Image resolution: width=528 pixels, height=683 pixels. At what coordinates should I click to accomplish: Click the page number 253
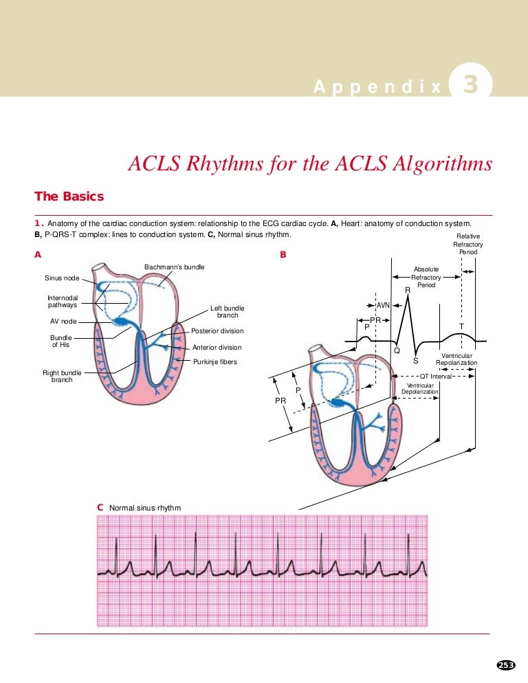pos(506,665)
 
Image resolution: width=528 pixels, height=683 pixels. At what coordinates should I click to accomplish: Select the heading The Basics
pos(69,197)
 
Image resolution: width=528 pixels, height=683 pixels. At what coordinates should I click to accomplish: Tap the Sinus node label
pos(62,278)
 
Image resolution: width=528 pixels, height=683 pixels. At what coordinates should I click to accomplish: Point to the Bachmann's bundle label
pos(175,267)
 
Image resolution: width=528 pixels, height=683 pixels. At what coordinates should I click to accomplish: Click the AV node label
pos(63,322)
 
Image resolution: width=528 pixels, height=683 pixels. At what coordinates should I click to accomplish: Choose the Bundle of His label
pos(61,341)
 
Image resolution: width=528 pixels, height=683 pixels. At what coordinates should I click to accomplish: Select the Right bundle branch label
pos(62,377)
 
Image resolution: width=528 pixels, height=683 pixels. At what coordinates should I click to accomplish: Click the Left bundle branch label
pos(227,311)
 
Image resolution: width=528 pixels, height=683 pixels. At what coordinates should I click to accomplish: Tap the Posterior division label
pos(217,331)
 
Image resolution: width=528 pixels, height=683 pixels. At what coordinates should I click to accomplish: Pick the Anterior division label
pos(217,348)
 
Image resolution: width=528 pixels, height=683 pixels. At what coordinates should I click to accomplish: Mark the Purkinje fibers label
pos(215,362)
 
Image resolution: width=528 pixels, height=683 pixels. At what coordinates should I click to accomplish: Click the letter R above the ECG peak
pos(408,290)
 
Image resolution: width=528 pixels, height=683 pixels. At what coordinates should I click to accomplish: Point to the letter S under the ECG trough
pos(415,361)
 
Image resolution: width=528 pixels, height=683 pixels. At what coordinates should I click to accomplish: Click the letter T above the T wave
pos(461,326)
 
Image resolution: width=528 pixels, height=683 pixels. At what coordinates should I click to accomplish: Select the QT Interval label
pos(436,377)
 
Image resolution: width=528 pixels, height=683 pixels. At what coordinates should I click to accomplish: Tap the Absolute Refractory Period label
pos(426,277)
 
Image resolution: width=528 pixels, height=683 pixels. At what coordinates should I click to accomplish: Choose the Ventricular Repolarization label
pos(456,359)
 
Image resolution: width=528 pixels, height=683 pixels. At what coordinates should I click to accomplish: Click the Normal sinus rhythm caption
pos(145,508)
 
